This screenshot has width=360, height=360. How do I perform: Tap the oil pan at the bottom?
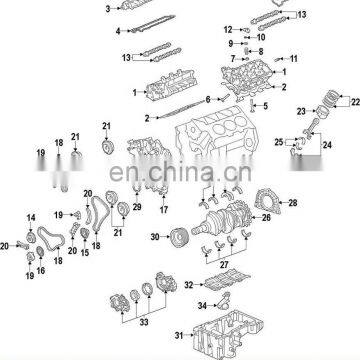coord(245,330)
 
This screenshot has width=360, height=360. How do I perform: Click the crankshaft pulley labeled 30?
coord(177,238)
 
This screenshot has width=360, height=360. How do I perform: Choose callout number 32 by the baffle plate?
coord(188,285)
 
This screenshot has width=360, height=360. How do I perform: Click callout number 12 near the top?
coord(227,29)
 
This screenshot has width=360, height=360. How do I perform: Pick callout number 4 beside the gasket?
coord(117,31)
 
